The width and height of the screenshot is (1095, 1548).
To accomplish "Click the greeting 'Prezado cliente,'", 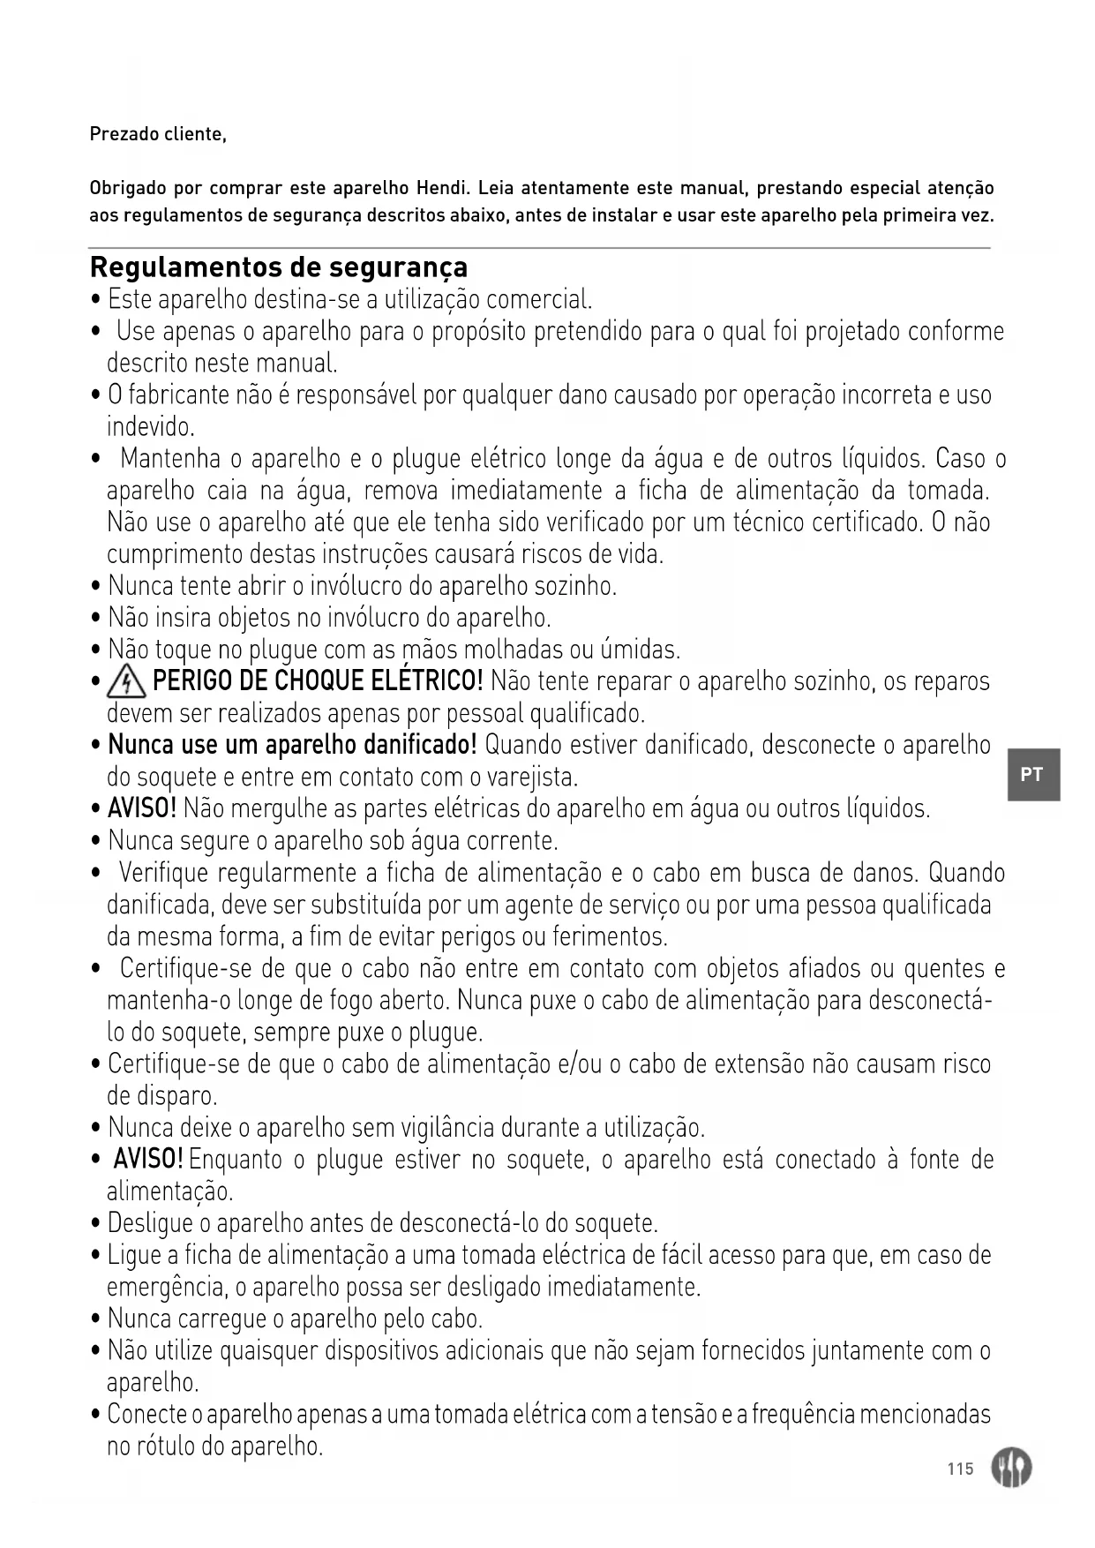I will [x=158, y=135].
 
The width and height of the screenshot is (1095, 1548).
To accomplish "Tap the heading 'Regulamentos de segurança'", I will [x=279, y=267].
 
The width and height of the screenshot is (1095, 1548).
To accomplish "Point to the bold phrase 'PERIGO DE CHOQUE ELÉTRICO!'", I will [x=318, y=681].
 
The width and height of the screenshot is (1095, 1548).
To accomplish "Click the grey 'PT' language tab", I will [x=1032, y=775].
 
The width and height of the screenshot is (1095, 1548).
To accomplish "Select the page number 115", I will [x=960, y=1469].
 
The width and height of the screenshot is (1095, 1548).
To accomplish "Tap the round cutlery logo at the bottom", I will [x=1010, y=1469].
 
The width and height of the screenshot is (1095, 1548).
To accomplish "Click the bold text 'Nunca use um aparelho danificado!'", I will [x=292, y=745].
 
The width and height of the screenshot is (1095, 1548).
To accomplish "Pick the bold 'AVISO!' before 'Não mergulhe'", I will [x=142, y=808].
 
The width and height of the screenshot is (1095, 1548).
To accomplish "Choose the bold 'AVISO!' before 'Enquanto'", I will [x=148, y=1158].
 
